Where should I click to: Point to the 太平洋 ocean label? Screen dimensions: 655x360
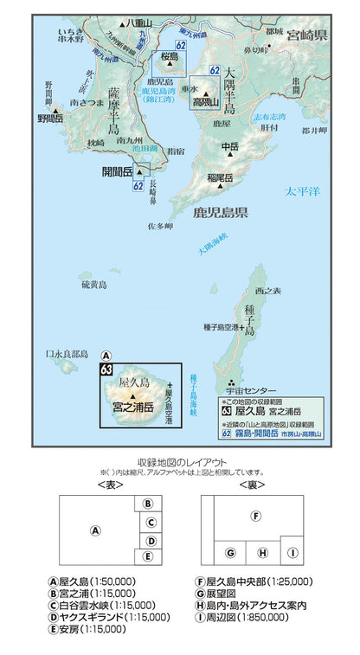pos(304,190)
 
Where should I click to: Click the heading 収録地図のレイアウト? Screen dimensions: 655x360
pos(182,461)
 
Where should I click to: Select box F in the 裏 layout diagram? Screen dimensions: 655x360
pos(255,516)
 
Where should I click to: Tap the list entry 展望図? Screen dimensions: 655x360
pos(215,594)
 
